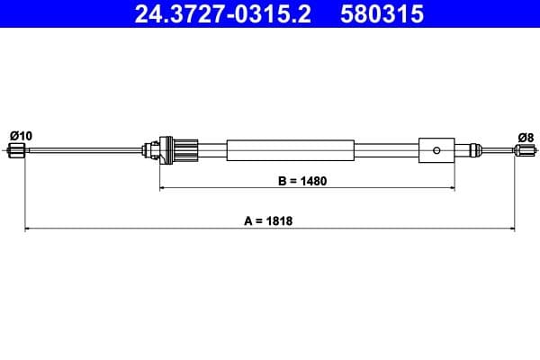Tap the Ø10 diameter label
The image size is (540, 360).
click(21, 135)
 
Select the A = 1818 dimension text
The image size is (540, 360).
click(269, 220)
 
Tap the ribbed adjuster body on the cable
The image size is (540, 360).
click(184, 149)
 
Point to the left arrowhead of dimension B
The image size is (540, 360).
click(164, 188)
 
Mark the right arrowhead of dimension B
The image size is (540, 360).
click(451, 188)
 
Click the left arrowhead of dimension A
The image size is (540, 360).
click(27, 229)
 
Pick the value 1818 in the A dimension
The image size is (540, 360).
click(281, 220)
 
